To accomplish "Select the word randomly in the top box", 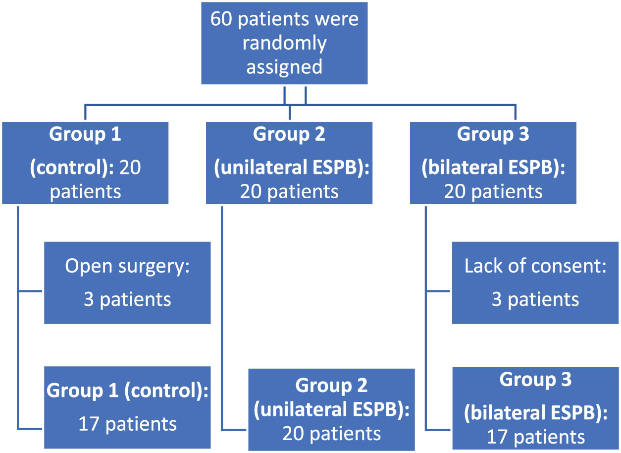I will tap(284, 43).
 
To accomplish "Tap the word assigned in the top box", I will tap(284, 66).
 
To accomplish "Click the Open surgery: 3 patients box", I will tap(127, 283).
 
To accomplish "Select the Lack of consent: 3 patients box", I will tap(535, 283).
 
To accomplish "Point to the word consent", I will tap(571, 266).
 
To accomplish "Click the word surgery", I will tap(159, 266).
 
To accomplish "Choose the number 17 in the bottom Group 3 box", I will tap(497, 437).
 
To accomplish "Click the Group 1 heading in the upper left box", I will tap(85, 135).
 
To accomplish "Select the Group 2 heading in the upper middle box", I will tap(289, 134).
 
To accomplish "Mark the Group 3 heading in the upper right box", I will tap(493, 134).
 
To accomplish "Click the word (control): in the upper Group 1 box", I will tap(72, 168).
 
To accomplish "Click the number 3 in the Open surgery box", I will tap(89, 299).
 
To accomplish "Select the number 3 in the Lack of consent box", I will tap(497, 299).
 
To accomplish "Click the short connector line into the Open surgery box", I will tap(31, 291).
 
